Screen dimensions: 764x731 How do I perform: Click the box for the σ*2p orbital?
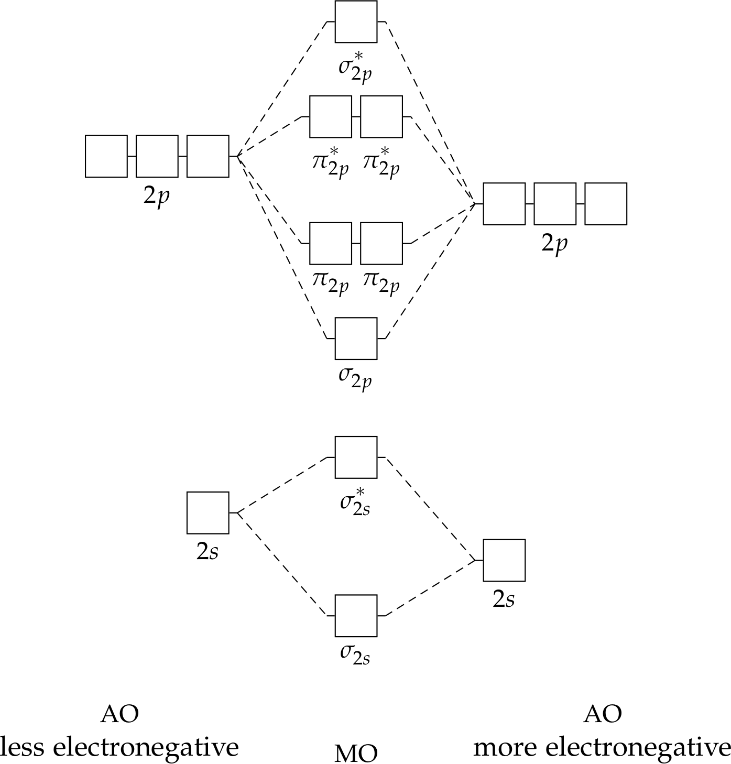(x=356, y=21)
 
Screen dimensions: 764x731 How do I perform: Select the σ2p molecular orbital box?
(x=356, y=339)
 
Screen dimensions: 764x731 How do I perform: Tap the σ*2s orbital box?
(x=356, y=457)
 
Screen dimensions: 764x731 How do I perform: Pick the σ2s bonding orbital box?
(x=356, y=616)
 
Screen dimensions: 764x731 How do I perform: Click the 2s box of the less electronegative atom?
(x=208, y=512)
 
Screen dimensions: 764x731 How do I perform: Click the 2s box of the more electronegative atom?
(x=504, y=560)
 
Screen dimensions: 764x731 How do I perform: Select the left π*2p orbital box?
(x=331, y=117)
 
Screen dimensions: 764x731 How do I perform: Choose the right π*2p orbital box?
(x=381, y=117)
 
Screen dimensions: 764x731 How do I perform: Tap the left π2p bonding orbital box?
(x=331, y=243)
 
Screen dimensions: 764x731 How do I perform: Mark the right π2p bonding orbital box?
(x=381, y=243)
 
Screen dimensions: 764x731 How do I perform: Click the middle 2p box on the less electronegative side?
(x=157, y=156)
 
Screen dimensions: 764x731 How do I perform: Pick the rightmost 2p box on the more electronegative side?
(x=606, y=204)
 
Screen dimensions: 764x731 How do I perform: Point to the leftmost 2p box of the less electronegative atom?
(x=106, y=156)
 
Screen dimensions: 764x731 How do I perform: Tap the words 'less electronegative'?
(x=119, y=747)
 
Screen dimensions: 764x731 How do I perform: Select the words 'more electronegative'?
(x=602, y=747)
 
